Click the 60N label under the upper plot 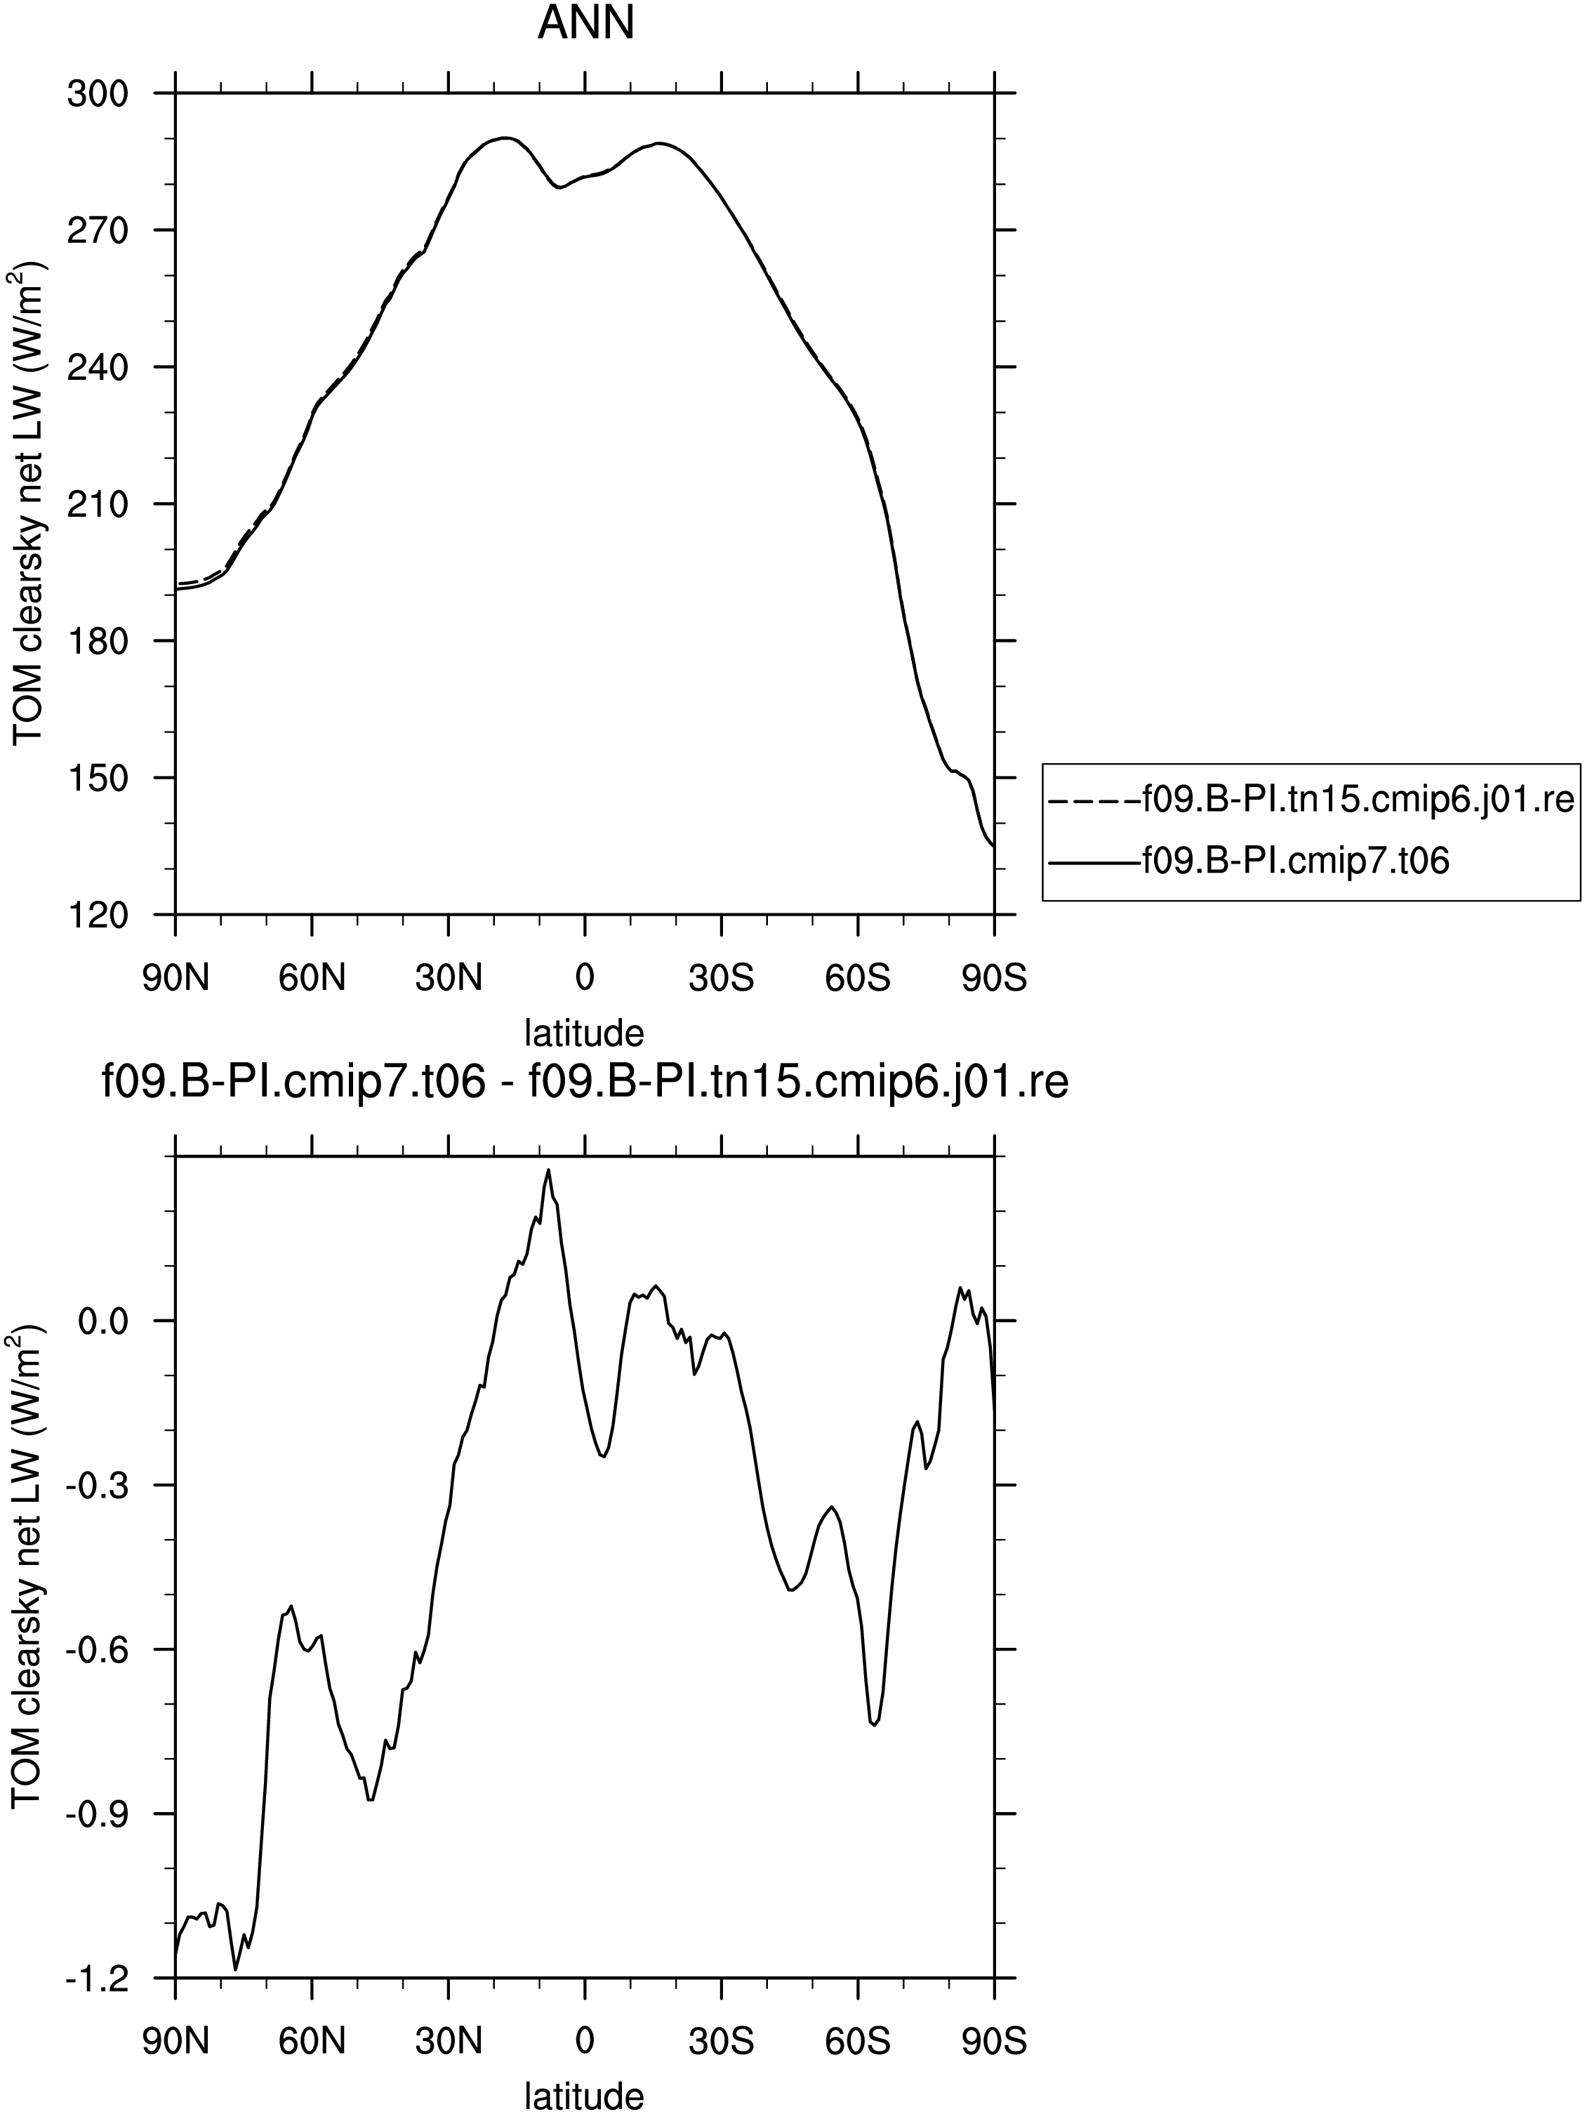point(312,979)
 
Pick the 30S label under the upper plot point(722,979)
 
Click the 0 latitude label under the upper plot point(585,979)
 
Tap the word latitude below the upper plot point(585,1032)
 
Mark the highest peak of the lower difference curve point(548,1169)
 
